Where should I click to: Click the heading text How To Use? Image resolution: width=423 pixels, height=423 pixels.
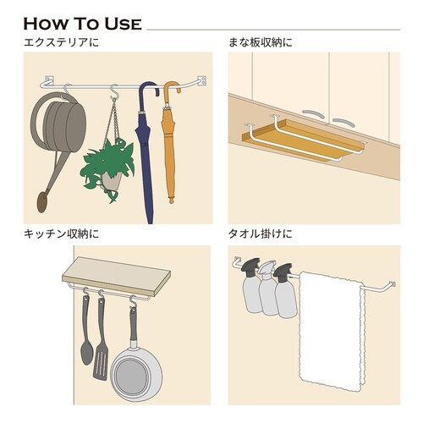[82, 24]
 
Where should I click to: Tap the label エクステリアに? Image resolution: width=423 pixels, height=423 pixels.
[62, 42]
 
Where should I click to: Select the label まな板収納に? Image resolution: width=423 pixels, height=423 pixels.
[261, 42]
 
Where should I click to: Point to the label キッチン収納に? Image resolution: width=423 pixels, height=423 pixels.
[62, 234]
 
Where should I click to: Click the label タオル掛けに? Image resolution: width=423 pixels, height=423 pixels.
[261, 234]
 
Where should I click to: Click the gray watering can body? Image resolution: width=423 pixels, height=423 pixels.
[61, 124]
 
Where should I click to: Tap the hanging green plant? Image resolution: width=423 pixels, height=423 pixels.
[108, 167]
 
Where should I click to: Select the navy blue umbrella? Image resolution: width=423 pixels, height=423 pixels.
[146, 152]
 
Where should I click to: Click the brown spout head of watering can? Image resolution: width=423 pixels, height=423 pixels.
[42, 202]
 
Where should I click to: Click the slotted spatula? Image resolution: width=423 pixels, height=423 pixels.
[101, 338]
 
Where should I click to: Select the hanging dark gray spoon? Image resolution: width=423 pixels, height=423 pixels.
[86, 332]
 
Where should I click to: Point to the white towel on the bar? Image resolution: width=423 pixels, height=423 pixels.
[332, 332]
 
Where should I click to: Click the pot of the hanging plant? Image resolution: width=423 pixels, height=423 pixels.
[112, 180]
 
